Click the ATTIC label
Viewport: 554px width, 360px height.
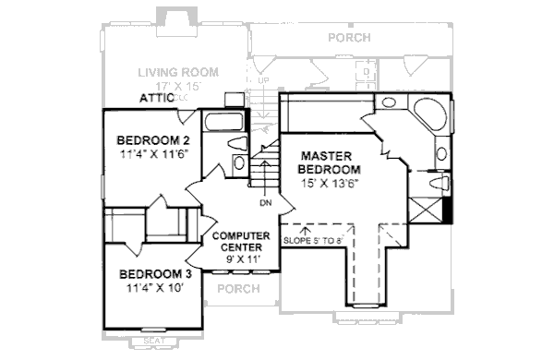pyautogui.click(x=158, y=97)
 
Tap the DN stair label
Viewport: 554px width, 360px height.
pyautogui.click(x=265, y=202)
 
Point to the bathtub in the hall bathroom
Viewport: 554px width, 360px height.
pyautogui.click(x=223, y=122)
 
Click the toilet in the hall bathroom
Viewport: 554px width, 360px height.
pyautogui.click(x=235, y=145)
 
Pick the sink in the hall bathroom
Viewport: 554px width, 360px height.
pyautogui.click(x=238, y=163)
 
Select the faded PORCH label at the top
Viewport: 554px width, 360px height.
pyautogui.click(x=348, y=38)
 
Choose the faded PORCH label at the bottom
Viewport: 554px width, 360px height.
pyautogui.click(x=236, y=290)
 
